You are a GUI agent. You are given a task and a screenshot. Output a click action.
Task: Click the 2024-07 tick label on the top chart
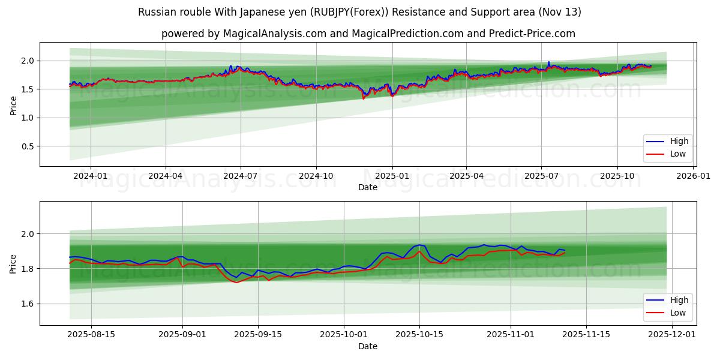[241, 176]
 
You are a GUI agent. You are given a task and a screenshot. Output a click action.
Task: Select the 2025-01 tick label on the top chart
[392, 176]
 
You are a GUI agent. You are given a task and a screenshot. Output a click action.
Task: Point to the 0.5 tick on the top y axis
[28, 146]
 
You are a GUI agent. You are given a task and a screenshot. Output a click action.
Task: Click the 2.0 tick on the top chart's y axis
[28, 61]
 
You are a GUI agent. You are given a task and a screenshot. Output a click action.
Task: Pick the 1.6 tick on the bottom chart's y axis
[28, 304]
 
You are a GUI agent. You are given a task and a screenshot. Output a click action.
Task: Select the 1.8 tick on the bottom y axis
[28, 269]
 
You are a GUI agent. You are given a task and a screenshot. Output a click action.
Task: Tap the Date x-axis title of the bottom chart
[368, 346]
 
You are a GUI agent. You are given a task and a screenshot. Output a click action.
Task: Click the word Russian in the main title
[155, 12]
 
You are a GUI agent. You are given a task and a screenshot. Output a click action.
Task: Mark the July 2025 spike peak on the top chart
[548, 62]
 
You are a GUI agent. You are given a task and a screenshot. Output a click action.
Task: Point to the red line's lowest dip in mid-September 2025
[236, 282]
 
